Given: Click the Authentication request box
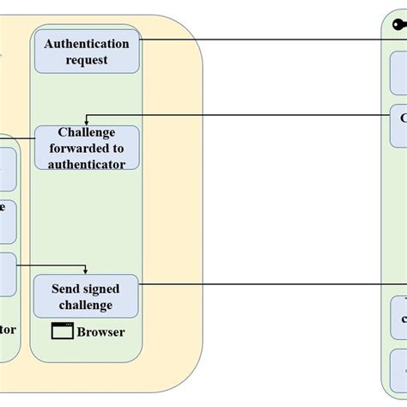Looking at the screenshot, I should [x=87, y=52].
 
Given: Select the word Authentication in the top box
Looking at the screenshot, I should [x=87, y=44].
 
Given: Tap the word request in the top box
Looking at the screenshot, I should [x=87, y=60].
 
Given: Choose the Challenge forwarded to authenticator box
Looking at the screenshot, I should [x=87, y=148].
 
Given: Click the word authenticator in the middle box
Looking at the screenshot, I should [x=87, y=163].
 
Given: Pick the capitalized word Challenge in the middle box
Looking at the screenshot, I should [x=87, y=132].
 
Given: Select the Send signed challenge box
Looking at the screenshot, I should [x=87, y=296].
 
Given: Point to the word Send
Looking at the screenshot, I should [x=67, y=289].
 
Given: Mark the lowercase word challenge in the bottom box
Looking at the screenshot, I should [x=87, y=305].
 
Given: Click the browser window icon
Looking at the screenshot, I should [x=62, y=331].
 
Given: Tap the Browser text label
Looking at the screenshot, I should [x=100, y=332].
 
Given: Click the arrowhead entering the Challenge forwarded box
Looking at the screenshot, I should [x=87, y=123].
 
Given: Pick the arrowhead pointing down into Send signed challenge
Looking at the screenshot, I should [x=87, y=270].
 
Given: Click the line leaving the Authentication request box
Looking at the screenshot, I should [x=258, y=39].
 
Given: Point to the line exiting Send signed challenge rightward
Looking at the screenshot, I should [x=258, y=282].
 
